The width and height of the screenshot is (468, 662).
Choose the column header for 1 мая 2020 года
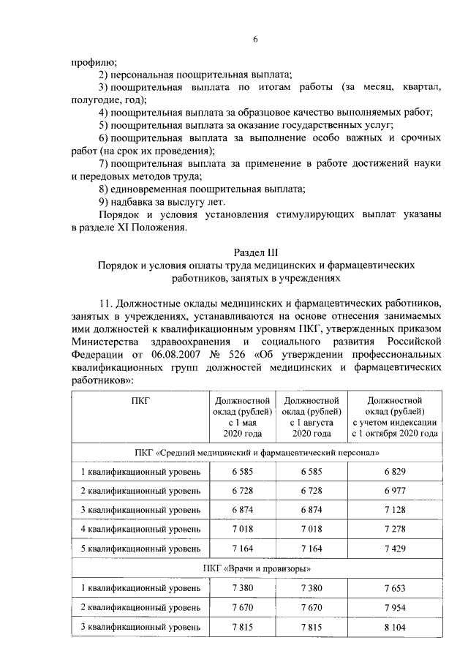[242, 417]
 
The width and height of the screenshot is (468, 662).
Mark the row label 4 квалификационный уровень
[140, 528]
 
